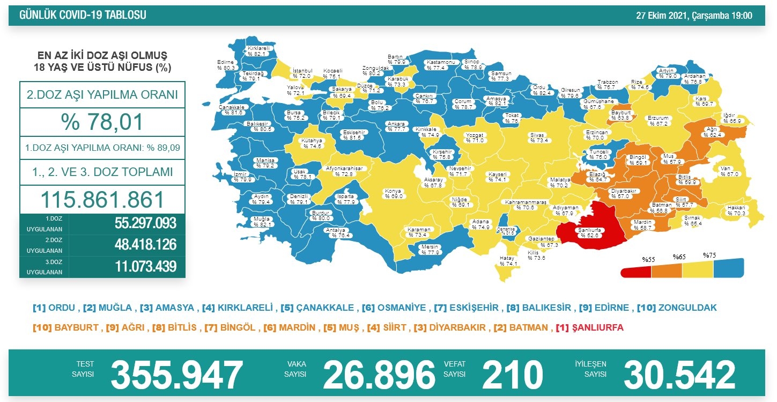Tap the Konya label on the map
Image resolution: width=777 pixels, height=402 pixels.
pyautogui.click(x=393, y=194)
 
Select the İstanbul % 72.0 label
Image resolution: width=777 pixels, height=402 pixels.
pyautogui.click(x=302, y=74)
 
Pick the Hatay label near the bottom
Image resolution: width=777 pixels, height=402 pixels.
pyautogui.click(x=507, y=261)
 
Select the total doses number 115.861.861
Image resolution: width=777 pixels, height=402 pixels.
pyautogui.click(x=102, y=200)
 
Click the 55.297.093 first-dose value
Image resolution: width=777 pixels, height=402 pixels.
pyautogui.click(x=145, y=223)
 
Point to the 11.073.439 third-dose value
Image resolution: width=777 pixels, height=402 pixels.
pyautogui.click(x=145, y=266)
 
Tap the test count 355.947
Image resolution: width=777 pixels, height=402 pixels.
pyautogui.click(x=176, y=374)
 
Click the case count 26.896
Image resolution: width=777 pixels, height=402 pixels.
pyautogui.click(x=379, y=374)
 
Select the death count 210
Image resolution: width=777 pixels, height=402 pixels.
pyautogui.click(x=512, y=374)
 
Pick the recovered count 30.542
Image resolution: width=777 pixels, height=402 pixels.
pyautogui.click(x=679, y=374)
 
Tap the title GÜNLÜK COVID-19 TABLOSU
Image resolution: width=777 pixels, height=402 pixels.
pyautogui.click(x=83, y=16)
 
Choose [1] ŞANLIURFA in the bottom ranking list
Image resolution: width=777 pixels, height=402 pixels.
pyautogui.click(x=589, y=327)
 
